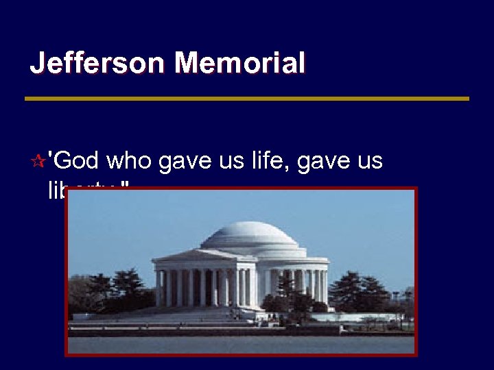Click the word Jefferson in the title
coord(97,64)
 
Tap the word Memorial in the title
coord(239,64)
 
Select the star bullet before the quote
coord(38,162)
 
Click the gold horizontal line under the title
coord(247,99)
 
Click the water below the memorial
coord(240,344)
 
